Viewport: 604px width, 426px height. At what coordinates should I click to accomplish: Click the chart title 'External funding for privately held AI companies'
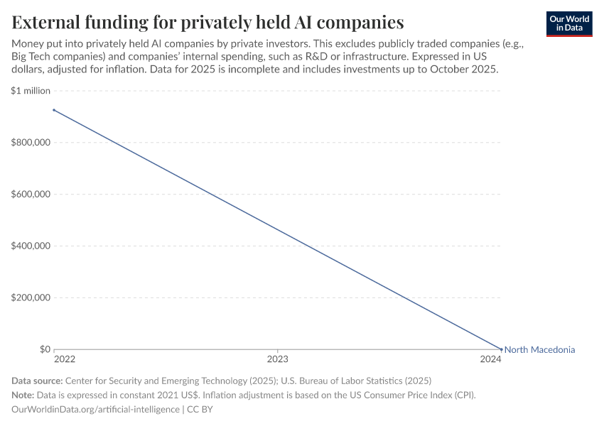point(207,22)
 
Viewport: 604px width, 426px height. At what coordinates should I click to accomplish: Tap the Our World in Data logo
point(568,23)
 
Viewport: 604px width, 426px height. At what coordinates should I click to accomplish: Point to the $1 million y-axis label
point(31,91)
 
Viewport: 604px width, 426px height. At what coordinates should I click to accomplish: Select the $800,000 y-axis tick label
point(31,143)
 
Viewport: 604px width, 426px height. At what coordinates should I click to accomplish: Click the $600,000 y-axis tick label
point(31,195)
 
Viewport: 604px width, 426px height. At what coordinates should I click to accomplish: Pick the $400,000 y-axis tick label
point(31,246)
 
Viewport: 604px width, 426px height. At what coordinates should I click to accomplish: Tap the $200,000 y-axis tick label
point(31,298)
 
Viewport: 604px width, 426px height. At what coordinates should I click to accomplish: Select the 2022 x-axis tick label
point(64,360)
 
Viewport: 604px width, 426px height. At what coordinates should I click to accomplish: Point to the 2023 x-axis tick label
point(277,360)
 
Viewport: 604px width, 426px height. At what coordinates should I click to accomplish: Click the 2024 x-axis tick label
point(490,360)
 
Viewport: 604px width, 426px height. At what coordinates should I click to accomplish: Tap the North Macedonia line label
point(539,349)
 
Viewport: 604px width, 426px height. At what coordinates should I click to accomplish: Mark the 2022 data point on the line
point(53,110)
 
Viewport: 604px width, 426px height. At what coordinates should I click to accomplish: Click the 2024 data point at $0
point(501,349)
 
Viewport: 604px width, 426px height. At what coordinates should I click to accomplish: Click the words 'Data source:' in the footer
point(37,381)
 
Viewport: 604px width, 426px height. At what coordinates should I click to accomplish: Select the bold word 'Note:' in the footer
point(25,395)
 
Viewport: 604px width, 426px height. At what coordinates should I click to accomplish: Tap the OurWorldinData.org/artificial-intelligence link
point(95,409)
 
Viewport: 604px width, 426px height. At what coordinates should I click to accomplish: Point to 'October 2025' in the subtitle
point(465,70)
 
